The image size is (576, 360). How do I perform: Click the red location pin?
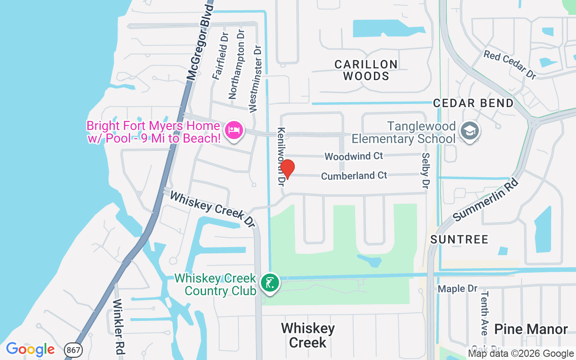point(287,168)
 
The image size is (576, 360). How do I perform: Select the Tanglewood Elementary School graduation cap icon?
point(470,131)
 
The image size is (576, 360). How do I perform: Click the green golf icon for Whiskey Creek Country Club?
point(270,283)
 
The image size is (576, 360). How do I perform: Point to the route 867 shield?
point(73,349)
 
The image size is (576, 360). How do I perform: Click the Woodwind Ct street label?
point(354,156)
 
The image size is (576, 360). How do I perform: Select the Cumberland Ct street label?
point(354,175)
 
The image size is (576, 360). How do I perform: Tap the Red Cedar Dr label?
point(510,65)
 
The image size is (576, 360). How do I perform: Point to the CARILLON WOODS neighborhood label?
point(366,70)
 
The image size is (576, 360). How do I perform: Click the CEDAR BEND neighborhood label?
point(473,103)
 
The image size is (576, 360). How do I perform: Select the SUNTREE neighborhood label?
point(459,239)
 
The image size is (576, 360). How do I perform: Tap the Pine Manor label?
point(531,329)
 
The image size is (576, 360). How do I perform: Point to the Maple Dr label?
point(457,288)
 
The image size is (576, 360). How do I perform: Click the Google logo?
point(30,349)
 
